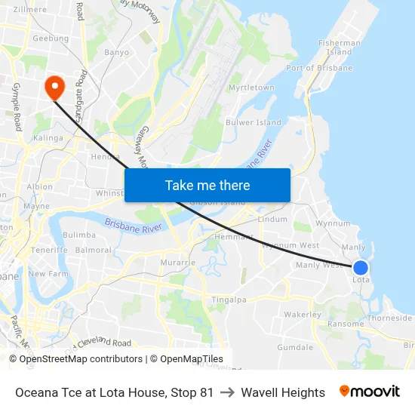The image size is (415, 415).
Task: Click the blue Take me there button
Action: [207, 185]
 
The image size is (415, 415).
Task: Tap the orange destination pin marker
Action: [54, 88]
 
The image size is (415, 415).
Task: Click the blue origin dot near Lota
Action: [361, 267]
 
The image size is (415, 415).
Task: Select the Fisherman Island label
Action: [340, 48]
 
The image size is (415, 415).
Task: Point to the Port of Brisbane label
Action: [319, 68]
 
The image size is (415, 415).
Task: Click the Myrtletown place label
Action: [251, 88]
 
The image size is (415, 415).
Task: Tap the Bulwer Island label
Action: [253, 122]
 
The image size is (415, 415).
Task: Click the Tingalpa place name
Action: [229, 300]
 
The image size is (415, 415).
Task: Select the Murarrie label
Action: [177, 263]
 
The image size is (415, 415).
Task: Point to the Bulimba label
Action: [79, 235]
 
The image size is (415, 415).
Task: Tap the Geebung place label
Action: [51, 38]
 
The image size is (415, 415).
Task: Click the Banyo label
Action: [117, 53]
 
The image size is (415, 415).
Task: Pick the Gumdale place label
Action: [295, 348]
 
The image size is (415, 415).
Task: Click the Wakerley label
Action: [303, 315]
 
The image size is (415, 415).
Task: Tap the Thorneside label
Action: [389, 318]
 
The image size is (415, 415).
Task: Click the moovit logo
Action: [369, 392]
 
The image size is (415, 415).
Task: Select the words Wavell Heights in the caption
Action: [283, 392]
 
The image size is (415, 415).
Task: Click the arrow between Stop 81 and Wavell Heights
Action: [227, 392]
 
